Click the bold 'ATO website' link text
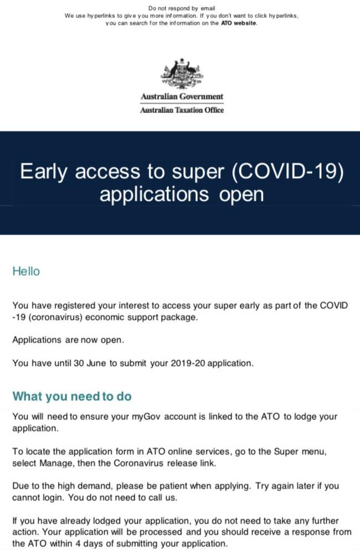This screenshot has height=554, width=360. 239,23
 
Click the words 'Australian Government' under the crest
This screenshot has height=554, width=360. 182,96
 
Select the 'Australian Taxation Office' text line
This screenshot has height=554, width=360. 182,110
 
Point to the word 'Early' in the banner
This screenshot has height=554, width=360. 43,172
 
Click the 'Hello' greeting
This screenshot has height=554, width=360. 26,271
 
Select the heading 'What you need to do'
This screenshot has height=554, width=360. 72,396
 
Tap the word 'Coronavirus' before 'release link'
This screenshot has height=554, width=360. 138,463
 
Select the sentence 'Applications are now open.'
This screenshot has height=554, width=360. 68,340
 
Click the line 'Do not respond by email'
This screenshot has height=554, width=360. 182,8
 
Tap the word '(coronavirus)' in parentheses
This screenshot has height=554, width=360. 55,317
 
